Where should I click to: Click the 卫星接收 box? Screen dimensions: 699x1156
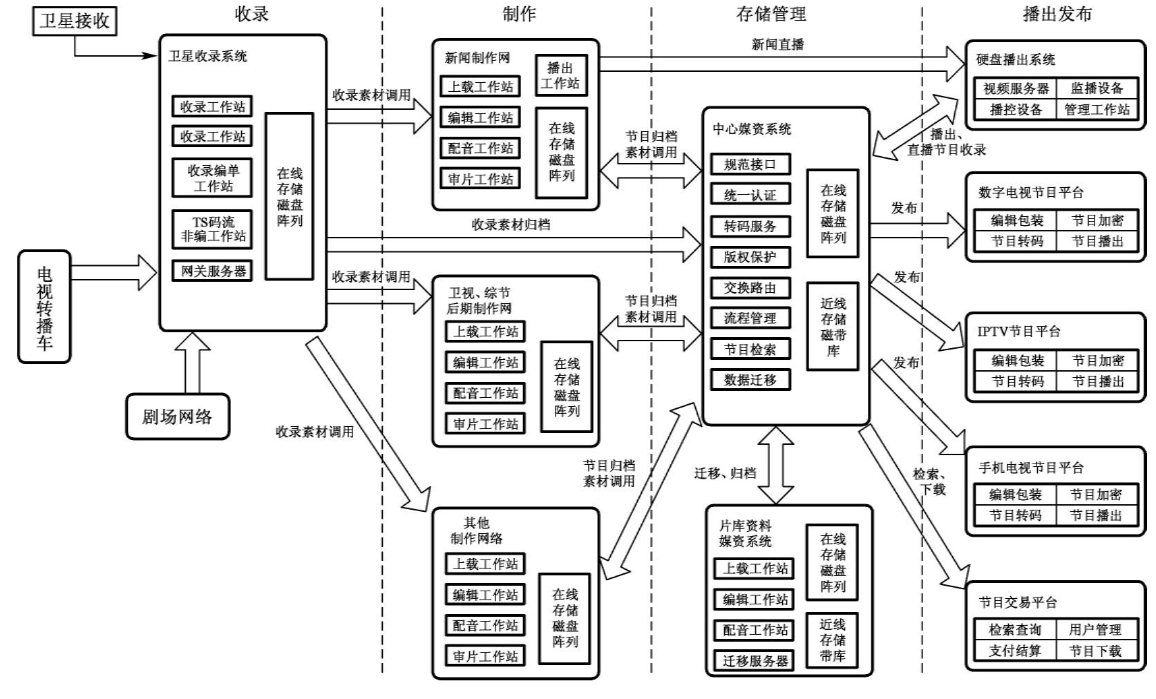click(x=75, y=20)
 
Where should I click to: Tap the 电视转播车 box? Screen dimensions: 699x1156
click(x=44, y=306)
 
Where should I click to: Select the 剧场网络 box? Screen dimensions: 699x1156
click(x=177, y=416)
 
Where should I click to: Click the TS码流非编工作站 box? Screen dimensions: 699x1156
click(x=213, y=229)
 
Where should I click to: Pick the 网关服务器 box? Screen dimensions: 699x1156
click(x=213, y=271)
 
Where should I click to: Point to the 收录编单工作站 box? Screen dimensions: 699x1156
click(x=213, y=178)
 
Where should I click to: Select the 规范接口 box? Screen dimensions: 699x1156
click(x=750, y=164)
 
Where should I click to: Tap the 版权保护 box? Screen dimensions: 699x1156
click(x=750, y=257)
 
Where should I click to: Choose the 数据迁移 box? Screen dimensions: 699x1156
click(x=750, y=380)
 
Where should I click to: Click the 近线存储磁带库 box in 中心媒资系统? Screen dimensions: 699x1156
click(x=834, y=327)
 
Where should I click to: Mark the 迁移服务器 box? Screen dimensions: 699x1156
click(x=755, y=661)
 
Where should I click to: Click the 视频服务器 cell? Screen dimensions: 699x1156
click(x=1016, y=89)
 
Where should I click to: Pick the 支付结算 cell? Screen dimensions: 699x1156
click(x=1014, y=651)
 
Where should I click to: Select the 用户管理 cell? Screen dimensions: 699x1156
click(x=1095, y=630)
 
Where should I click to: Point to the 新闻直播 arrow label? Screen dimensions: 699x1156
click(x=777, y=45)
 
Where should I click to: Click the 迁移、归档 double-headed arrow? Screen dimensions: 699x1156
click(x=777, y=465)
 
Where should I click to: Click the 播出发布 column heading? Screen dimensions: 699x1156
click(x=1056, y=14)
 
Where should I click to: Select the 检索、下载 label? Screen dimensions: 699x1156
click(x=930, y=481)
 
